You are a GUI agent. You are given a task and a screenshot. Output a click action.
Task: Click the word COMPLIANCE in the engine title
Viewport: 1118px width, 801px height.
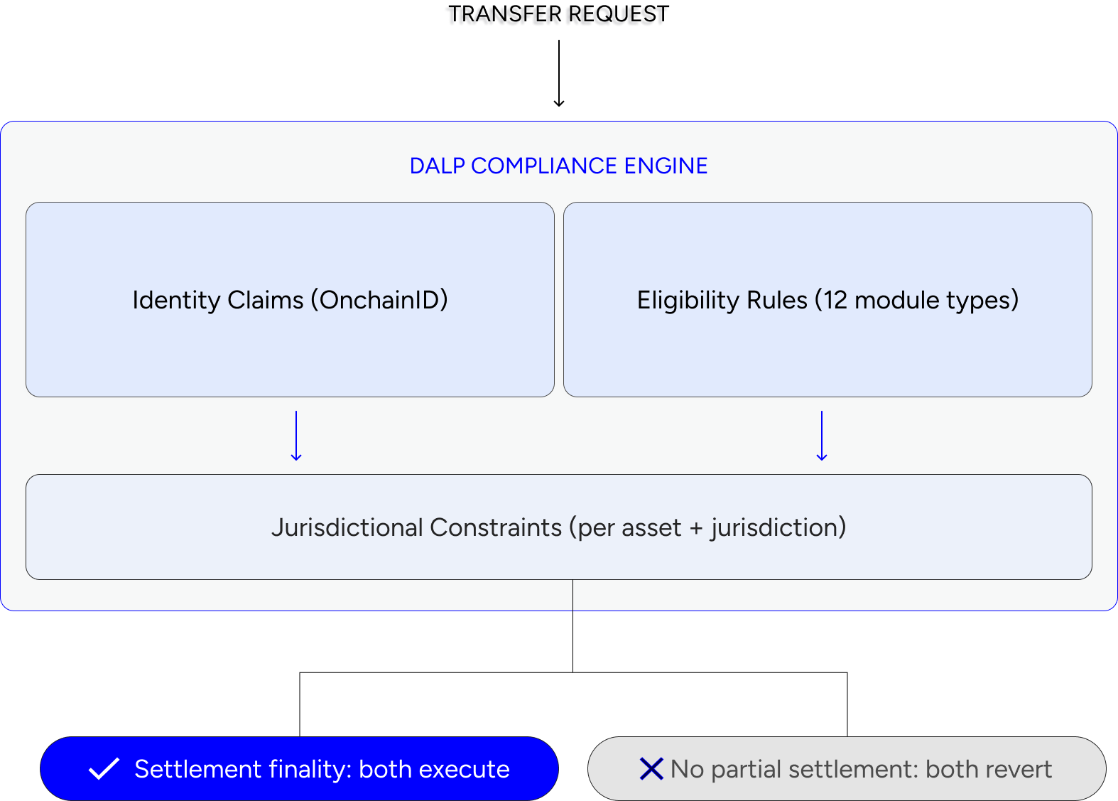pos(544,166)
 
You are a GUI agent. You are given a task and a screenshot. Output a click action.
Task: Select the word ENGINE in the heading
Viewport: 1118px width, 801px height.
pos(666,166)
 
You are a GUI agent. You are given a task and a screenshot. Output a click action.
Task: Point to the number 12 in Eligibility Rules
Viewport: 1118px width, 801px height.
pos(835,300)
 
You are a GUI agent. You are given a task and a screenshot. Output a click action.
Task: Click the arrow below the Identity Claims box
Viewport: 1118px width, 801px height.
pos(296,436)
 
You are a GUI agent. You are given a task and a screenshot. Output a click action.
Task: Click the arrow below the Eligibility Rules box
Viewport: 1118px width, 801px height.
pos(822,436)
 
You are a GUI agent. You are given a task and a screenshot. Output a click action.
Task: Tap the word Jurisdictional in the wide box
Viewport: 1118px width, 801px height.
pos(347,527)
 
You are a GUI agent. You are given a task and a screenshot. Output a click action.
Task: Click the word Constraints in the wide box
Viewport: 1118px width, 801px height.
pos(496,527)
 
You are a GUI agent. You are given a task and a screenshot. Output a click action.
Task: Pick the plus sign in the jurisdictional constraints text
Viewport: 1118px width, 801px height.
pos(695,528)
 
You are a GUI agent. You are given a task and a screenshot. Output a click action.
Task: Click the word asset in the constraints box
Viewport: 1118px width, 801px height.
pos(651,528)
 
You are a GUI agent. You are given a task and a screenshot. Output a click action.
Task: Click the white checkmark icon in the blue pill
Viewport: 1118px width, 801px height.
pos(104,769)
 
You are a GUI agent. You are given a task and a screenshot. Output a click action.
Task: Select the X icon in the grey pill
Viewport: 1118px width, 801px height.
pos(651,769)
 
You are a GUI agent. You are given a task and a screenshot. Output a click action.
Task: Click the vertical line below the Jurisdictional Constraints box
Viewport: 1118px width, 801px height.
pos(572,595)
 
